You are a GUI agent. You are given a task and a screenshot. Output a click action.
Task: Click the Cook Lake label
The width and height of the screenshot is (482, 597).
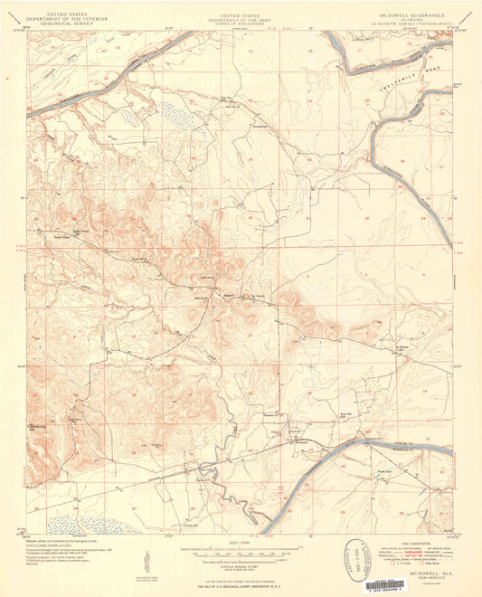click(383, 470)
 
